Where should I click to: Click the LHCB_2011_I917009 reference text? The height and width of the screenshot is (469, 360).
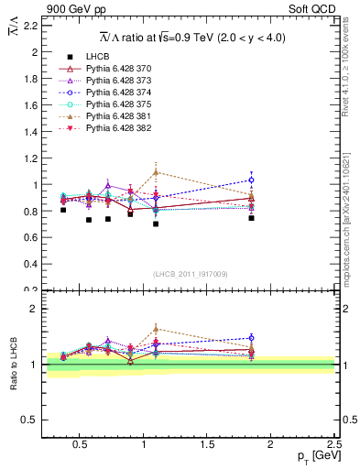(x=191, y=274)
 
